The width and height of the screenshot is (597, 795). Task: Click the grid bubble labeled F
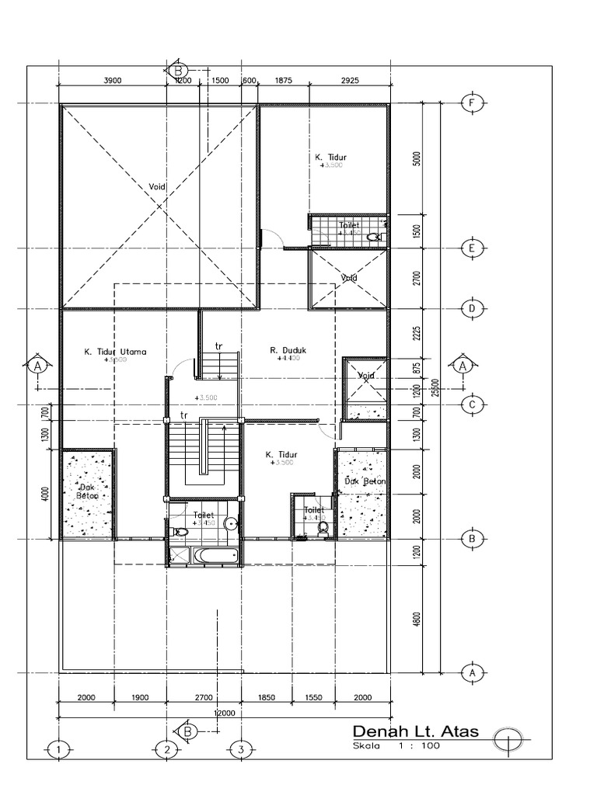point(471,103)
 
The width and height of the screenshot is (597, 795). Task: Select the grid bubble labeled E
point(471,248)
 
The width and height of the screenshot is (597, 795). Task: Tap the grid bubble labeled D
point(471,308)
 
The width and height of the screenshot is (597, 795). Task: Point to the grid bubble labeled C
point(471,404)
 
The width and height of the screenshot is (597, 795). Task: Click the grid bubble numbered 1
point(58,749)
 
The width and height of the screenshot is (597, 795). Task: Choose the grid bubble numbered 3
point(241,749)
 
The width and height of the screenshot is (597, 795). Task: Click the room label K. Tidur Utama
point(115,351)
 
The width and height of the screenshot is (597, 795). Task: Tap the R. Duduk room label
point(288,350)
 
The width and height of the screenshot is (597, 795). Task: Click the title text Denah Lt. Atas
point(416,731)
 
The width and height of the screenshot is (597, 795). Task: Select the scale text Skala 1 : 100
point(396,746)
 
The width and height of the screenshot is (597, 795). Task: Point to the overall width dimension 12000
point(226,713)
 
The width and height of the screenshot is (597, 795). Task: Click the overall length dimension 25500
point(438,387)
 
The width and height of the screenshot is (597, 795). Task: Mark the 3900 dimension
point(112,80)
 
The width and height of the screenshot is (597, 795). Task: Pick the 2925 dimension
point(349,80)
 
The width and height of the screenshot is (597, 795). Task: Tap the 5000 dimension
point(417,159)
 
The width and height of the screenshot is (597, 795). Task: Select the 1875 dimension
point(284,80)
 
